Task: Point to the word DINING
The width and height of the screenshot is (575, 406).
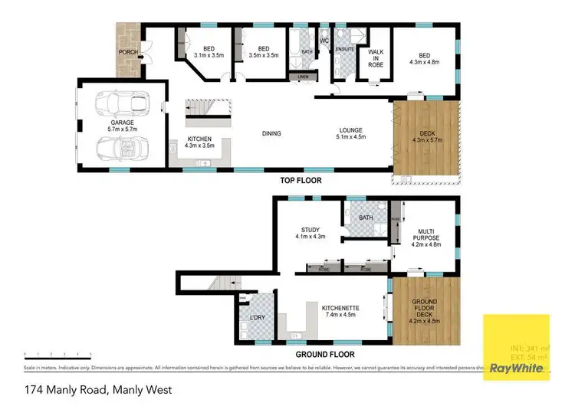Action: click(271, 133)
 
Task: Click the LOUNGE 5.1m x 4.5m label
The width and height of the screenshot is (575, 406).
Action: click(350, 133)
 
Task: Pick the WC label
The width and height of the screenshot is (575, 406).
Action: click(324, 40)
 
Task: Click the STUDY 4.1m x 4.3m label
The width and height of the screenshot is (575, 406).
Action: click(310, 233)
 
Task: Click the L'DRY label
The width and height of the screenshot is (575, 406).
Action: click(258, 318)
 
